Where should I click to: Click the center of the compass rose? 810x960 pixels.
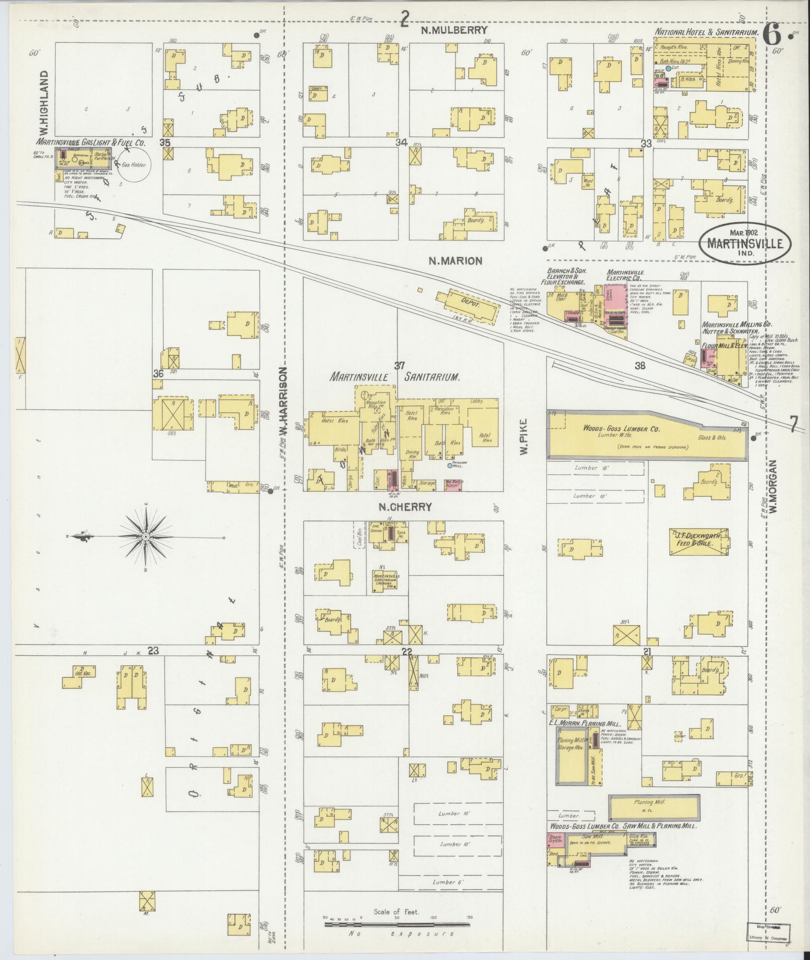[x=146, y=537]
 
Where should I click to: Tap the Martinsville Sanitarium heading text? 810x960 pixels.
[x=395, y=377]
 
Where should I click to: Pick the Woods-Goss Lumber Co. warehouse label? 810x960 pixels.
[x=621, y=429]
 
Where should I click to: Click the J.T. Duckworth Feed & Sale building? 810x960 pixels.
[x=696, y=540]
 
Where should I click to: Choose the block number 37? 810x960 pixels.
[x=399, y=365]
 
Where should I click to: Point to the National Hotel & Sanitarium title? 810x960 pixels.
[x=706, y=32]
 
